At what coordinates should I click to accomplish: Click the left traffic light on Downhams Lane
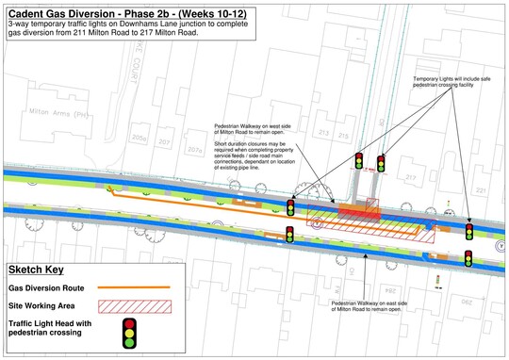[x=359, y=161]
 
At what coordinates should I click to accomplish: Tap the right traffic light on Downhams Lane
[x=382, y=164]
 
